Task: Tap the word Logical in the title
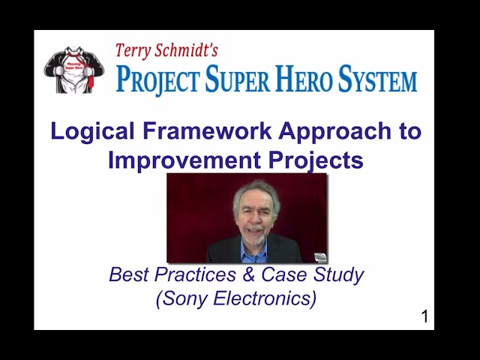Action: (94, 132)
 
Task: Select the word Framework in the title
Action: (208, 131)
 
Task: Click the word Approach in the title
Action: (334, 132)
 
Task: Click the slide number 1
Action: (424, 317)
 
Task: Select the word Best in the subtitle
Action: (127, 274)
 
